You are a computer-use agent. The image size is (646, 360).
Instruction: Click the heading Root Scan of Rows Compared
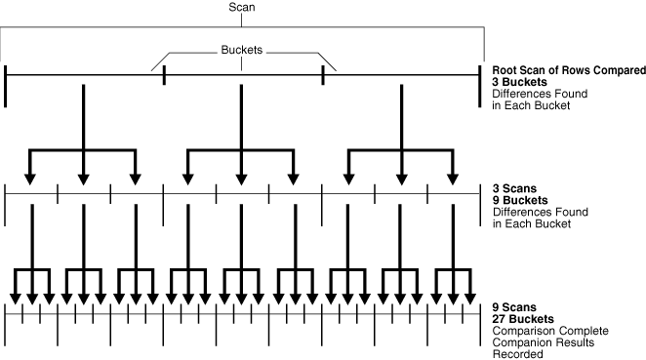tap(569, 71)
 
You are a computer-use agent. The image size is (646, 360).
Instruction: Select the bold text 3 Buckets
tap(519, 83)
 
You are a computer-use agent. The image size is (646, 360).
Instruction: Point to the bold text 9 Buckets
tap(519, 200)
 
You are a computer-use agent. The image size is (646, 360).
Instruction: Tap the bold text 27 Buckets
tap(523, 319)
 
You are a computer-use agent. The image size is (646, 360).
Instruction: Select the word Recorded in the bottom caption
tap(516, 354)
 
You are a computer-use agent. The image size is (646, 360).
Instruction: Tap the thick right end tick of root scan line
tap(481, 85)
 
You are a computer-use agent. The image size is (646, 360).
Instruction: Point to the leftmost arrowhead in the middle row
tap(30, 178)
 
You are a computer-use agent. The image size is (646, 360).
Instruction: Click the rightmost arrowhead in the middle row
tap(452, 178)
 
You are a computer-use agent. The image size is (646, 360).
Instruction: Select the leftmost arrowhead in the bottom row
tap(16, 297)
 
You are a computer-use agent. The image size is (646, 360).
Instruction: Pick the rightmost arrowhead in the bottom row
tap(467, 297)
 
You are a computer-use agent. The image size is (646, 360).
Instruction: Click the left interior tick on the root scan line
tap(164, 75)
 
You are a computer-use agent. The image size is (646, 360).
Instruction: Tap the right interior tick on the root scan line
tap(323, 75)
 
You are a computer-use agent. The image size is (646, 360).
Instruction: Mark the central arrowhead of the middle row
tap(241, 178)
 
